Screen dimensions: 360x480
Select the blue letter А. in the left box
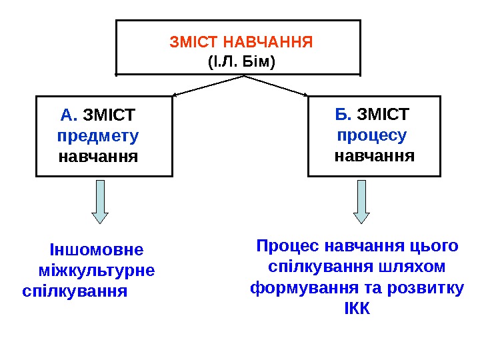coord(69,115)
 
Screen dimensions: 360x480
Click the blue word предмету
coord(99,137)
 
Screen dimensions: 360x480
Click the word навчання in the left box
coord(99,157)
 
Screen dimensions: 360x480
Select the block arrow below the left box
coord(99,201)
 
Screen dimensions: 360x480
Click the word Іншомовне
coord(97,250)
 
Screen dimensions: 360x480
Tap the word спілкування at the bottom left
coord(75,291)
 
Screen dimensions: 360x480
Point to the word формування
coord(297,289)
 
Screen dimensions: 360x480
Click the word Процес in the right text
coord(287,246)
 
